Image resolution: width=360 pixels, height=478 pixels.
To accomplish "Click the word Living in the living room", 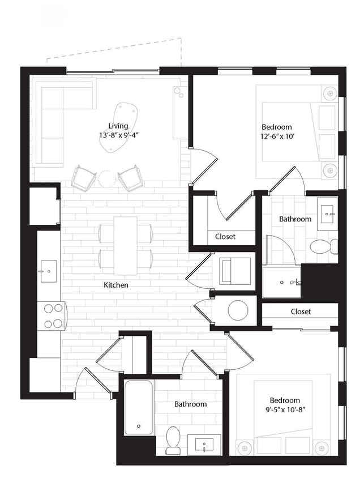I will click(118, 126).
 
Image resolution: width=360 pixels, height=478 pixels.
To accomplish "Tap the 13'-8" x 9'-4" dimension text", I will click(118, 135).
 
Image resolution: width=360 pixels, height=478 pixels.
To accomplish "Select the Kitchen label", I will click(115, 285).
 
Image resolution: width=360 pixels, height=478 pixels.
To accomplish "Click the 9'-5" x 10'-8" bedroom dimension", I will click(285, 410).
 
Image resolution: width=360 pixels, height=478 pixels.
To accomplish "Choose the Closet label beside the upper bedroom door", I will click(225, 237).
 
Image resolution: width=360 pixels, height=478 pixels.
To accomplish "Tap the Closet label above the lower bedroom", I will click(301, 311).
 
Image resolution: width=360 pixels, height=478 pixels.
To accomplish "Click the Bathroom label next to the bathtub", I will click(190, 404).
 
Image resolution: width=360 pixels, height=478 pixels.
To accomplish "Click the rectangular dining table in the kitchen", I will click(125, 245).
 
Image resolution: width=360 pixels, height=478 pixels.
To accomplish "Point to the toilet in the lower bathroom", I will click(173, 439).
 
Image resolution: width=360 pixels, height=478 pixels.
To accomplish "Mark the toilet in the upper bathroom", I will click(323, 246).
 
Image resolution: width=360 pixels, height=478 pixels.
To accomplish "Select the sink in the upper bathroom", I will click(328, 214).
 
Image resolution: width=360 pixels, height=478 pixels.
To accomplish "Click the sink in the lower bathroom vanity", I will click(203, 444).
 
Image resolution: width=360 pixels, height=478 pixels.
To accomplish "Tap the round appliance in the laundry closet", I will click(238, 310).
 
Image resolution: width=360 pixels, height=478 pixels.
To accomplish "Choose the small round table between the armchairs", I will click(107, 179).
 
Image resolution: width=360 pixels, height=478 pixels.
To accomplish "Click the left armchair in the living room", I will click(84, 178).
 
